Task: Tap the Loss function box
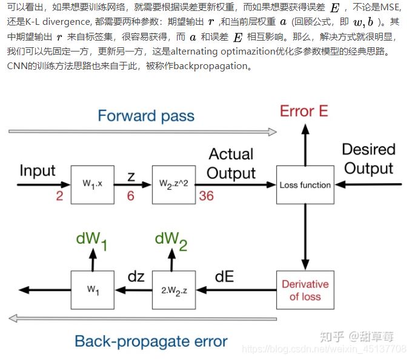click(x=305, y=185)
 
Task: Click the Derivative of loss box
click(x=305, y=290)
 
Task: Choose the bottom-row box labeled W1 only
click(x=92, y=290)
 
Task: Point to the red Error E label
click(x=304, y=112)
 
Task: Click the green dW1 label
click(x=92, y=239)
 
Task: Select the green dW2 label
click(x=171, y=239)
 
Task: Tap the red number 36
click(x=206, y=196)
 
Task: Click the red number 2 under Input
click(x=60, y=196)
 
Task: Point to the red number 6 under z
click(x=130, y=196)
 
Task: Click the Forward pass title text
click(x=146, y=116)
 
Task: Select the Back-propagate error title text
click(x=151, y=341)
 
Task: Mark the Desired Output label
click(x=368, y=159)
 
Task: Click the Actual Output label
click(x=231, y=164)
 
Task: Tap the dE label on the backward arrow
click(x=225, y=277)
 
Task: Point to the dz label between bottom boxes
click(x=136, y=277)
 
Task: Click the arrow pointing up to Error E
click(x=305, y=145)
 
